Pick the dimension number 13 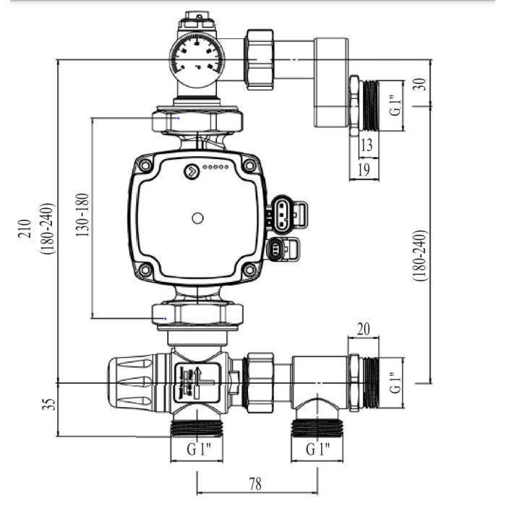(x=366, y=146)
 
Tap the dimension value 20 (x=364, y=330)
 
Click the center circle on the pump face (x=198, y=216)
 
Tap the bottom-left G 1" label (x=197, y=450)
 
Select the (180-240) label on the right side (x=423, y=257)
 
